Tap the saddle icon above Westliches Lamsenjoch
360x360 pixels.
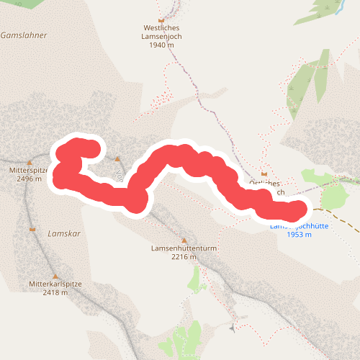click(x=161, y=19)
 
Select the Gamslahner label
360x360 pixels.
click(x=24, y=35)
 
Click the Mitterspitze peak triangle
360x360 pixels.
click(x=30, y=162)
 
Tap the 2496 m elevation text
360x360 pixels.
click(x=30, y=179)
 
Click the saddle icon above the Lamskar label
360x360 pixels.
click(x=32, y=229)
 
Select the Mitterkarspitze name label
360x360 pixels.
click(x=55, y=284)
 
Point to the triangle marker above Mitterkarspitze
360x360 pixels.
click(x=55, y=275)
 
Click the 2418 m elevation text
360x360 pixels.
click(x=55, y=292)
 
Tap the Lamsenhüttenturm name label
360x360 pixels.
click(x=184, y=248)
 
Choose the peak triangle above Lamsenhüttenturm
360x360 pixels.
click(x=184, y=240)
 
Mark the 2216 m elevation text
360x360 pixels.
click(x=184, y=257)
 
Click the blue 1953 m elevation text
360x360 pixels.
click(x=299, y=235)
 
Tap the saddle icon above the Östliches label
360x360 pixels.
click(x=265, y=174)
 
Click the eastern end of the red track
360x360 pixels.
click(x=297, y=211)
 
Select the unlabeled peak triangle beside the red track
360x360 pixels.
click(x=117, y=158)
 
